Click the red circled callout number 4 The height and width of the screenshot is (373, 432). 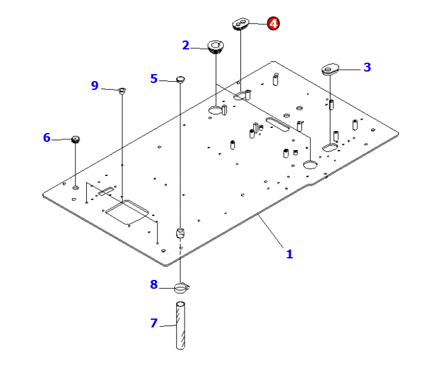(x=272, y=23)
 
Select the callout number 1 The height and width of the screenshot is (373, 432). (x=289, y=254)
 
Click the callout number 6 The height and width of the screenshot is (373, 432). (x=46, y=137)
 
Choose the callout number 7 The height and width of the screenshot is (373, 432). (x=154, y=323)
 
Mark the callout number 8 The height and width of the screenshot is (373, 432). (x=154, y=284)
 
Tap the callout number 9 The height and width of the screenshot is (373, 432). (x=95, y=85)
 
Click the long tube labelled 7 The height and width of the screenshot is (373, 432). (x=181, y=326)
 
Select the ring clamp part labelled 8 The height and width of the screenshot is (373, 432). (x=181, y=289)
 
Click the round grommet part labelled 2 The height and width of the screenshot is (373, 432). (x=217, y=47)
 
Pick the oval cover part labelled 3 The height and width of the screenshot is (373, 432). (x=331, y=68)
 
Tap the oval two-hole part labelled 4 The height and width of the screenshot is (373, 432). (x=240, y=25)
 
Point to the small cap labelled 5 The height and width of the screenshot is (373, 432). (x=180, y=79)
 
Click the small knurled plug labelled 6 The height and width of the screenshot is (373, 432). (x=75, y=139)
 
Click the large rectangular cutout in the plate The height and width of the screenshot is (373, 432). (x=127, y=210)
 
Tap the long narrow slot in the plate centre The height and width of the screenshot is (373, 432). (x=273, y=123)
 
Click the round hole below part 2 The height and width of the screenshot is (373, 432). (x=216, y=111)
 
